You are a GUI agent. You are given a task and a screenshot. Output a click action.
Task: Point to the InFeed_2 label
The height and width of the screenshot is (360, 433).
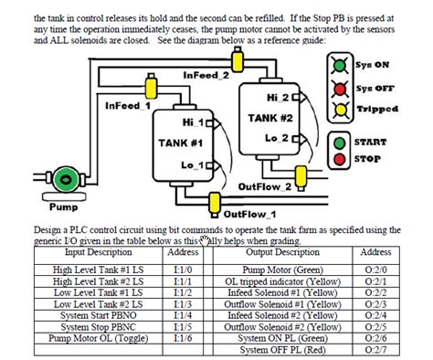pyautogui.click(x=207, y=75)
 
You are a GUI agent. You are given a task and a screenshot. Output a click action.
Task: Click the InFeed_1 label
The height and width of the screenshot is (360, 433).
pyautogui.click(x=129, y=105)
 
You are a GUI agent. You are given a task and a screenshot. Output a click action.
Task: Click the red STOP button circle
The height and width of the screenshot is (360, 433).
pyautogui.click(x=341, y=160)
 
